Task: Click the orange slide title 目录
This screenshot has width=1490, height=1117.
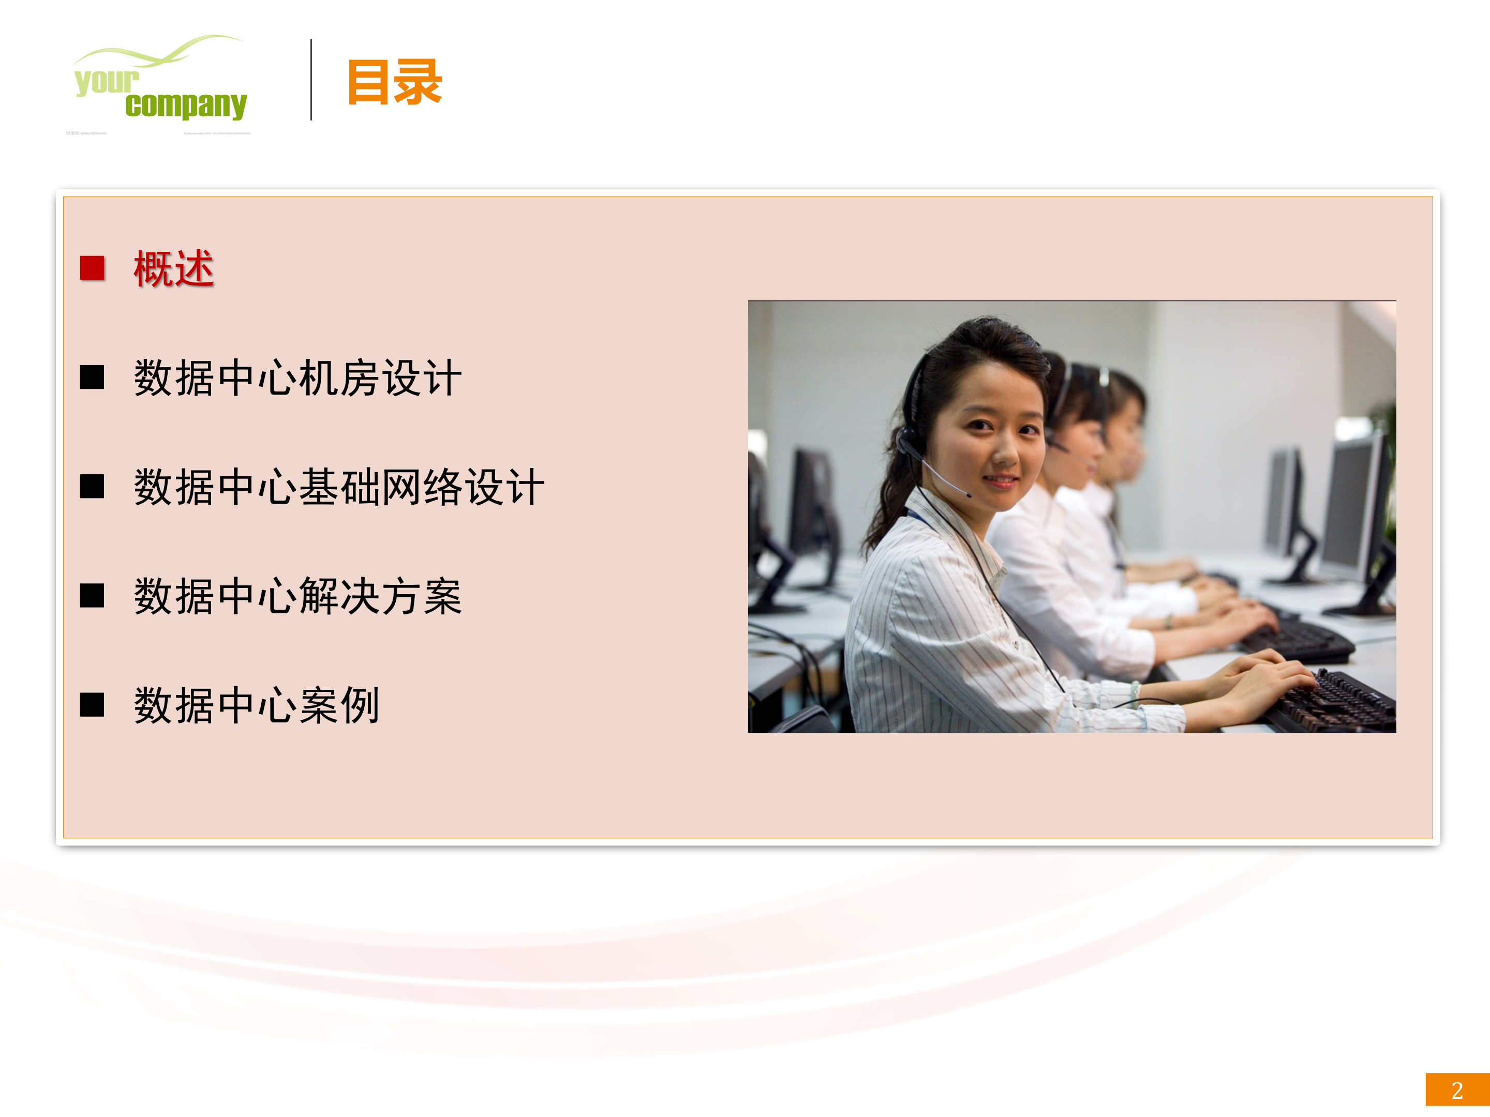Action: (395, 82)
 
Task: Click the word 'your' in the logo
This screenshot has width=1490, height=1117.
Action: (107, 82)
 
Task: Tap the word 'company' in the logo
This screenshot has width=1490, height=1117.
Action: (186, 105)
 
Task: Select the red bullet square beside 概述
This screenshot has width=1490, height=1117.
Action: (92, 268)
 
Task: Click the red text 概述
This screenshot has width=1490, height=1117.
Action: (174, 268)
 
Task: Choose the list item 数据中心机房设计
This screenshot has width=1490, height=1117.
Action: (297, 378)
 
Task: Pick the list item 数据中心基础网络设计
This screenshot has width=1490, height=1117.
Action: (339, 487)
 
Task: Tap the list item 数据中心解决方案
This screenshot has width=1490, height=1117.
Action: (297, 596)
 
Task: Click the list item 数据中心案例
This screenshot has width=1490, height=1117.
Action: (257, 705)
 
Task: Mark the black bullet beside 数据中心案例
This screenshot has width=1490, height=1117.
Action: (92, 705)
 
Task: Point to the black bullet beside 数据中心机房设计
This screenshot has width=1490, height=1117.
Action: (92, 378)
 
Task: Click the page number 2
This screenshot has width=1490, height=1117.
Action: (1457, 1090)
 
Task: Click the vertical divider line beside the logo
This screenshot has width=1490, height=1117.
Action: (311, 80)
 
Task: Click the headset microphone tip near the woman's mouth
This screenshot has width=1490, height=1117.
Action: (968, 495)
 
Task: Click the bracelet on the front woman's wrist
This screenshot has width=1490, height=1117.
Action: (1136, 693)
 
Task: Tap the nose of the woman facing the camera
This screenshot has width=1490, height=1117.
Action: (1005, 455)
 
